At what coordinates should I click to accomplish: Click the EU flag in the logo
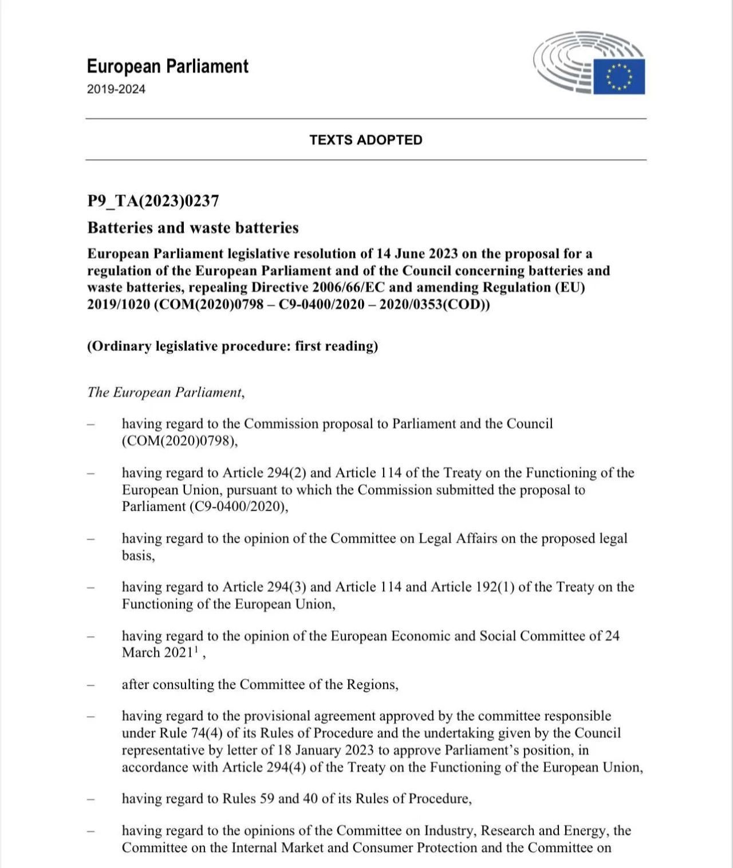click(x=618, y=76)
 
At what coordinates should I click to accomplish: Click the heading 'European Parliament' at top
click(x=167, y=66)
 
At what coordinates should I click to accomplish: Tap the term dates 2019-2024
click(x=116, y=89)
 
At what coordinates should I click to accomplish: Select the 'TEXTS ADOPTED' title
click(x=366, y=140)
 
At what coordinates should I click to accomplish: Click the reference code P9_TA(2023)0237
click(x=153, y=201)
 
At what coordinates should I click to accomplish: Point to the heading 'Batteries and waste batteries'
click(x=193, y=228)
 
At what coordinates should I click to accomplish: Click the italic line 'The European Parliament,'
click(x=166, y=392)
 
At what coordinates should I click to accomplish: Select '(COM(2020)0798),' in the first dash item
click(x=179, y=441)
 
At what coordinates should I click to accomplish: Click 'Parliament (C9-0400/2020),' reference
click(x=205, y=507)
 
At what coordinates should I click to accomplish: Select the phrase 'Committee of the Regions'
click(x=317, y=685)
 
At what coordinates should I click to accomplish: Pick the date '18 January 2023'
click(x=326, y=750)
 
